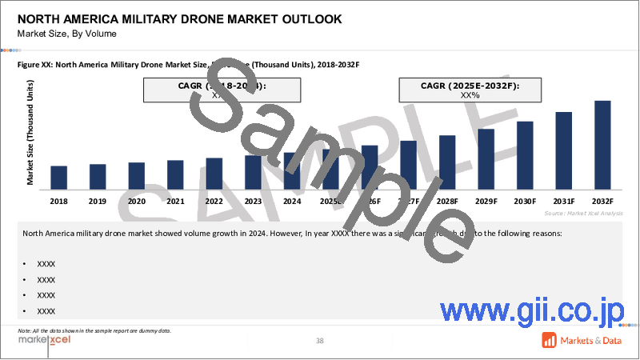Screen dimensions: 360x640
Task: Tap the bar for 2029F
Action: coord(486,158)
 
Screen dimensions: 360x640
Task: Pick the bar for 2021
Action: coord(175,174)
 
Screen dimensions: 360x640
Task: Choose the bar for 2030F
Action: coord(525,154)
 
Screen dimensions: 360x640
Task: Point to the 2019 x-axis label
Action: coord(98,202)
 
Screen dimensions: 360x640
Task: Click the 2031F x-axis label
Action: coord(563,202)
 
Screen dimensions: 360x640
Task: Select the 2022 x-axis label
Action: coord(214,202)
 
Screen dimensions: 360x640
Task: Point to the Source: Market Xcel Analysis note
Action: coord(583,214)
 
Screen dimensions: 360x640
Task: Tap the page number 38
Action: coord(319,342)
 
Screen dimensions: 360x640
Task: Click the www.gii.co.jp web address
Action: coord(536,310)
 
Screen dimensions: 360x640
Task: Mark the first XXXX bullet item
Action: coord(46,263)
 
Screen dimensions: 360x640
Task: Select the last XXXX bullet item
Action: coord(46,311)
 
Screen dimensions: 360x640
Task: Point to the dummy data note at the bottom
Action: coord(94,330)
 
